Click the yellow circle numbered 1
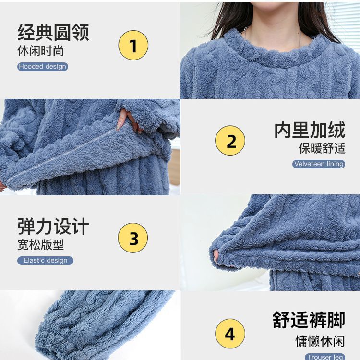[133, 45]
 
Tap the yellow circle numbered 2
[230, 140]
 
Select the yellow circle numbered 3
[133, 238]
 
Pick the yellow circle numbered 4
[230, 334]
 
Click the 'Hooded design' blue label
[43, 67]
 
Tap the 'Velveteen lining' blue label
[319, 164]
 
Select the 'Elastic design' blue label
[46, 260]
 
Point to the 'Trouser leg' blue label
[325, 357]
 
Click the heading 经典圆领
[53, 32]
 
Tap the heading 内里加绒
[310, 130]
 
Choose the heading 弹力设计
[53, 227]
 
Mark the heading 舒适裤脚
[309, 320]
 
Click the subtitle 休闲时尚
[41, 51]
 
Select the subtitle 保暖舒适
[322, 148]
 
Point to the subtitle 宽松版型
[41, 245]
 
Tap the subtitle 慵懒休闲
[320, 341]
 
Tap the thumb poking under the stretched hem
[216, 256]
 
